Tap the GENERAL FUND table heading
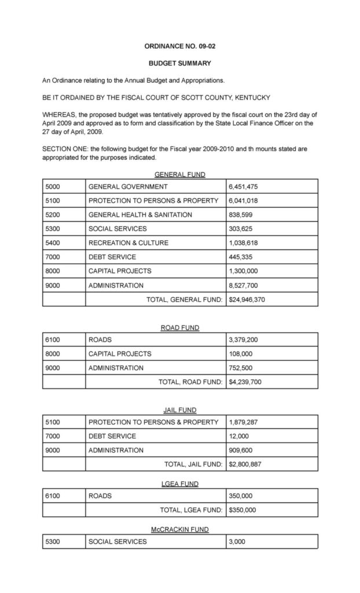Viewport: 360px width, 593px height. (x=179, y=174)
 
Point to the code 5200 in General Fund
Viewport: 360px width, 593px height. (x=53, y=215)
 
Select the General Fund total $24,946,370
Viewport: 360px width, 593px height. (x=247, y=299)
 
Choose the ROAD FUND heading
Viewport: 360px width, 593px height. (x=179, y=328)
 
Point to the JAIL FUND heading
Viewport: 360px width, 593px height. (x=179, y=410)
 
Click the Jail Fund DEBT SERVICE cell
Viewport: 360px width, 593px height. (x=112, y=436)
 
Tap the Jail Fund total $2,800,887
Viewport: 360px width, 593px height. (x=245, y=464)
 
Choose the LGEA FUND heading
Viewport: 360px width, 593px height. (x=179, y=484)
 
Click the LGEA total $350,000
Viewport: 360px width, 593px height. (x=243, y=510)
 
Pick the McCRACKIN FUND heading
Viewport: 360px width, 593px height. (x=179, y=529)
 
